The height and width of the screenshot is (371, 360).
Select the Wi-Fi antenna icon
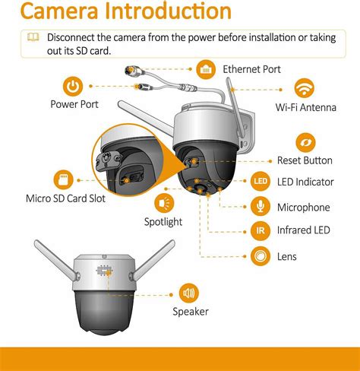pyautogui.click(x=305, y=87)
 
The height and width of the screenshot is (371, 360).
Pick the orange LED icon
pyautogui.click(x=260, y=181)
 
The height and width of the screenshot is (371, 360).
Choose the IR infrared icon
pyautogui.click(x=260, y=230)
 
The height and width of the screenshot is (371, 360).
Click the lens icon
pyautogui.click(x=260, y=256)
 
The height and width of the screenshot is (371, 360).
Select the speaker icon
pyautogui.click(x=188, y=291)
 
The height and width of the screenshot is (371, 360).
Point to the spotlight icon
pyautogui.click(x=163, y=203)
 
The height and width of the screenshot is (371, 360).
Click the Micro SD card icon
pyautogui.click(x=63, y=180)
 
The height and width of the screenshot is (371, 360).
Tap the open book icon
pyautogui.click(x=33, y=37)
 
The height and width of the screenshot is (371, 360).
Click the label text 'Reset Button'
pyautogui.click(x=305, y=160)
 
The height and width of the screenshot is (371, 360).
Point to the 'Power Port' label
pyautogui.click(x=74, y=104)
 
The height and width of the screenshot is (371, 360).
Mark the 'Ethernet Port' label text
pyautogui.click(x=251, y=69)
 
